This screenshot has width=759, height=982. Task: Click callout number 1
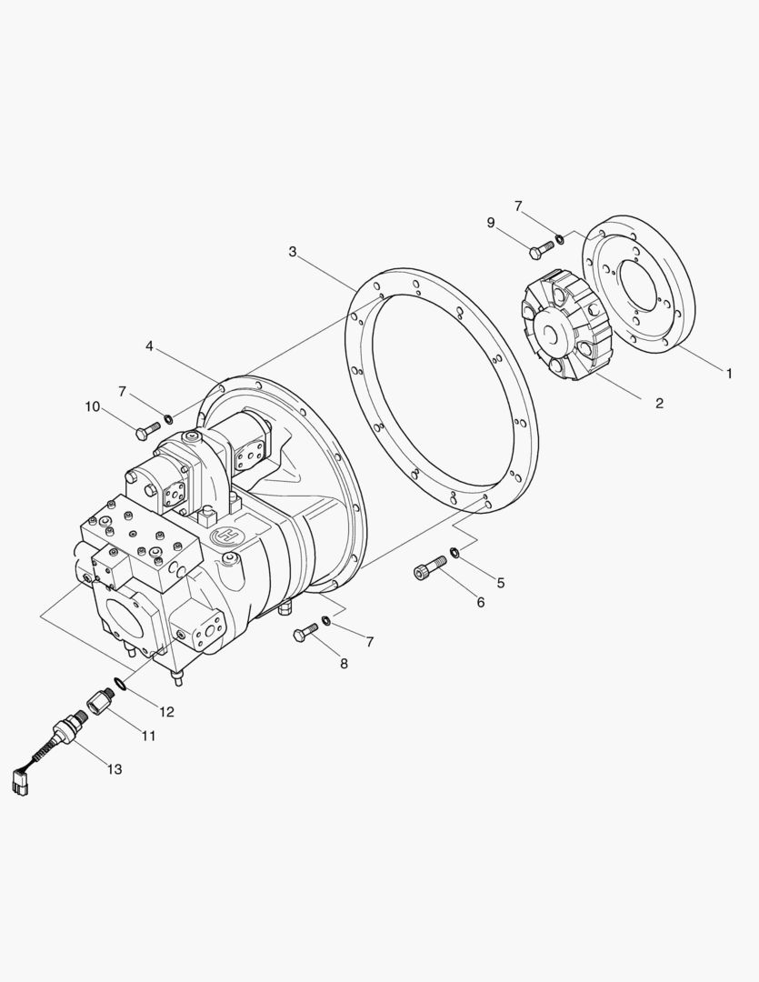tap(729, 374)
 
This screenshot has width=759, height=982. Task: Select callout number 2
tap(659, 404)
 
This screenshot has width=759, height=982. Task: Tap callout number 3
tap(293, 252)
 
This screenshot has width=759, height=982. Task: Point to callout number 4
tap(149, 346)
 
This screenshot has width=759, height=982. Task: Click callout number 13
tap(115, 769)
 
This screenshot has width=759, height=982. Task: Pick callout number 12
tap(166, 712)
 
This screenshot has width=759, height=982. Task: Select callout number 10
tap(92, 407)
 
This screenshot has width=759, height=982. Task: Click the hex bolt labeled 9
tap(542, 248)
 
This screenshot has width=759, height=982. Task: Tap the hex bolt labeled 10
tap(148, 429)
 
